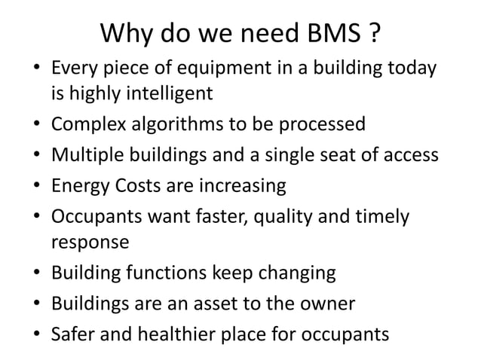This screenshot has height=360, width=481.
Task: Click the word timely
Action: (x=384, y=216)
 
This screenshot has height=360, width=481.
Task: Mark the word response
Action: (x=89, y=243)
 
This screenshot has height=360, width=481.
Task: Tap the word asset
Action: (x=229, y=302)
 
